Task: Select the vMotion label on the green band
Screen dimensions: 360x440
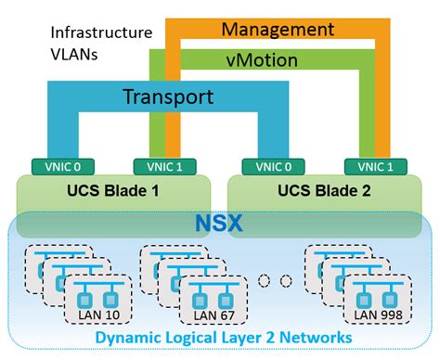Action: (262, 61)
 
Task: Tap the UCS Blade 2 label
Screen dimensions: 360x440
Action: (321, 192)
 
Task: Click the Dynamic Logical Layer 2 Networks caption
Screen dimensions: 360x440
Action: (222, 341)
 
